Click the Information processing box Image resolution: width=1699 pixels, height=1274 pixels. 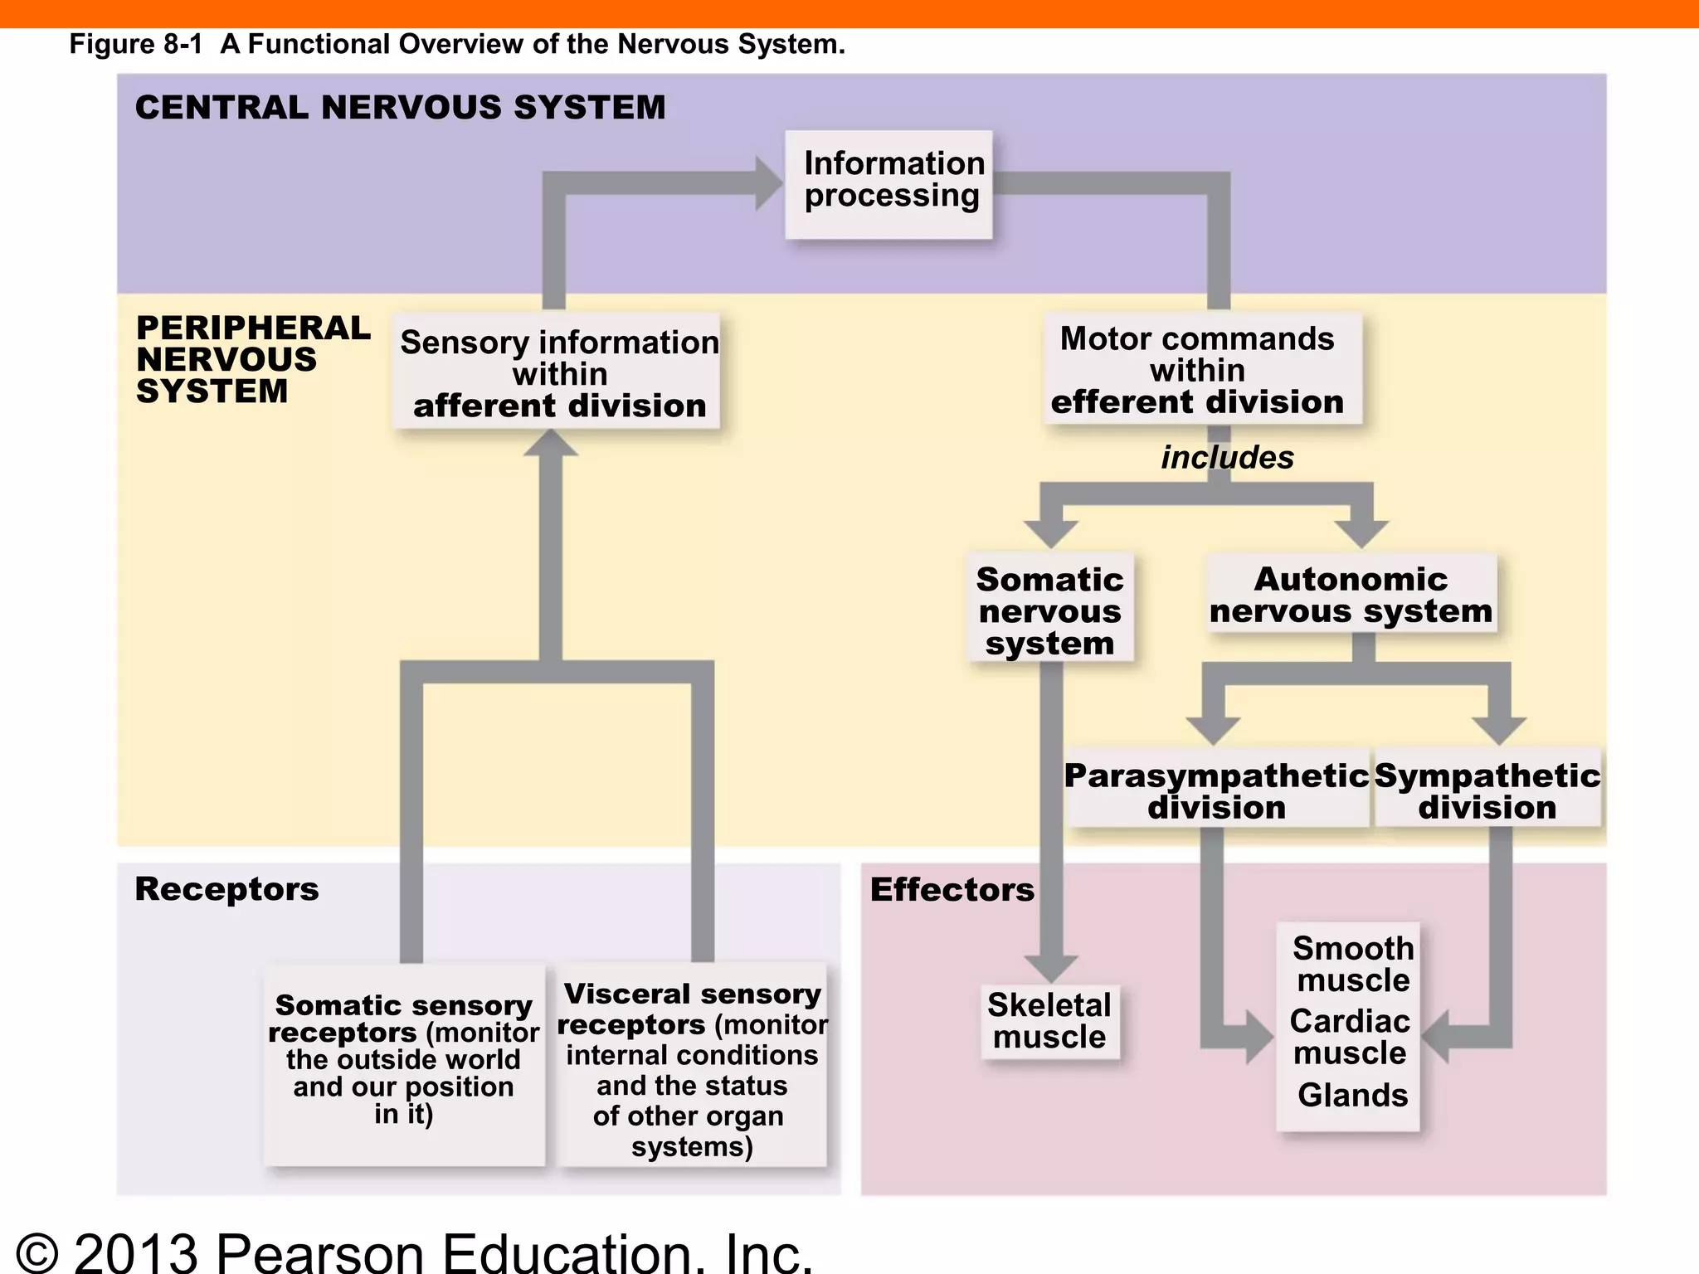(x=889, y=184)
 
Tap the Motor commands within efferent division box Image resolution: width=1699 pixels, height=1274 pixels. (x=1201, y=369)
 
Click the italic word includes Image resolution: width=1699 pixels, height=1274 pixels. (x=1227, y=457)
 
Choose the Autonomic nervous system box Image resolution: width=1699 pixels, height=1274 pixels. (x=1351, y=594)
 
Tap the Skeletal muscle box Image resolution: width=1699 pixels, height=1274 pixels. (x=1049, y=1021)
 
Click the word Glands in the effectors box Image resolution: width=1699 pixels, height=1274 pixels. (x=1352, y=1095)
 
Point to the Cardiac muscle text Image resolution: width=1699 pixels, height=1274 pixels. (x=1350, y=1037)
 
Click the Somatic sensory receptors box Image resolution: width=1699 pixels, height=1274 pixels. (x=404, y=1062)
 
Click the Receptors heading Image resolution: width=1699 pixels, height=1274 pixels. (x=226, y=889)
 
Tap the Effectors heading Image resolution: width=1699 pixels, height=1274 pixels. (x=952, y=890)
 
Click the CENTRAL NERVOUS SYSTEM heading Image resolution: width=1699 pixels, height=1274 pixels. (x=400, y=108)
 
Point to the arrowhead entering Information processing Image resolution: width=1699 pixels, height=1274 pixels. (x=767, y=183)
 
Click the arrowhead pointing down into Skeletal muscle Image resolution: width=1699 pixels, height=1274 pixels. (x=1051, y=967)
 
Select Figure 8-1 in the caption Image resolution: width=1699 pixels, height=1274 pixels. (x=135, y=44)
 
